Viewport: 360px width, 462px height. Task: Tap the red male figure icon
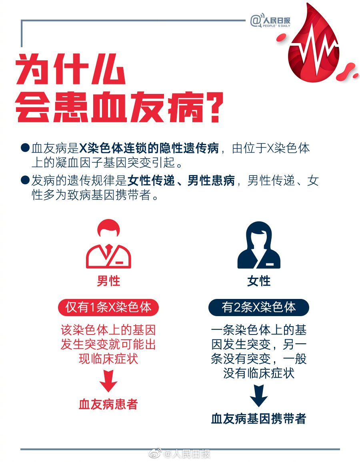click(108, 244)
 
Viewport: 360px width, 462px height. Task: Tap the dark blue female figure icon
click(259, 245)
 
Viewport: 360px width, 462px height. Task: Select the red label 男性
click(108, 281)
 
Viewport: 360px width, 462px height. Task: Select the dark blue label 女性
click(259, 281)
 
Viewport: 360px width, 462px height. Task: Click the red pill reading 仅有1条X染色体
click(108, 307)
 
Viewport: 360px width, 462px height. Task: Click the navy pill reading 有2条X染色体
click(258, 307)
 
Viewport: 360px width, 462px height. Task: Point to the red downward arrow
click(108, 381)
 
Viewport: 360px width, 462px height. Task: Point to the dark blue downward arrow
click(258, 395)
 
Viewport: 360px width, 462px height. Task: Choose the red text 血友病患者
click(108, 404)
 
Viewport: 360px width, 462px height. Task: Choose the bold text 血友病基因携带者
click(258, 419)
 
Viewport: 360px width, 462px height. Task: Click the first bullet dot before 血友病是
click(25, 147)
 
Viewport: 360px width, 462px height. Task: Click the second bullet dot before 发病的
click(25, 180)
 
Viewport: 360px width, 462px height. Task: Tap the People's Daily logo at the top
click(270, 21)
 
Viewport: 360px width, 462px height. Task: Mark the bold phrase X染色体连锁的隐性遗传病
click(149, 148)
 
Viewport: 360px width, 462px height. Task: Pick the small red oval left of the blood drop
click(281, 38)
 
